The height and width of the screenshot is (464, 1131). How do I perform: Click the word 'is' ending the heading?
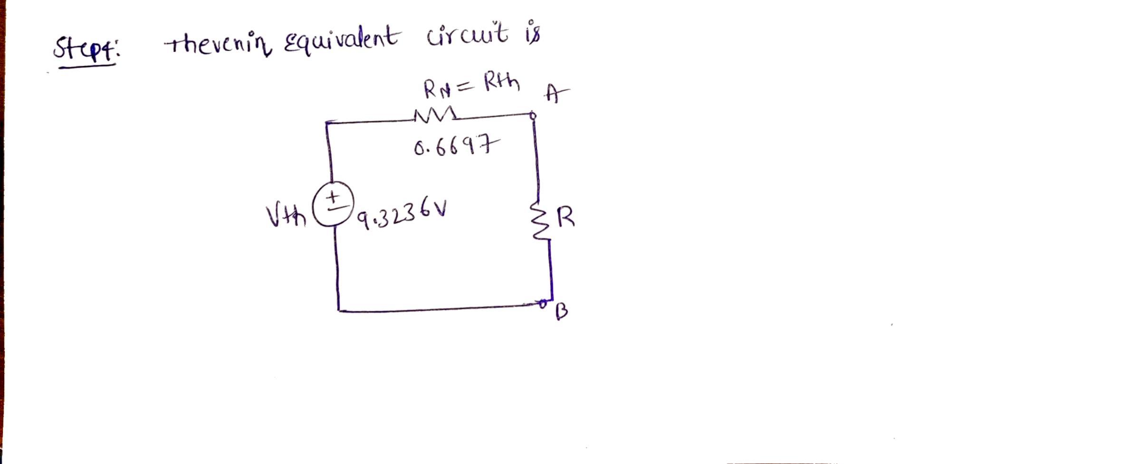(x=532, y=34)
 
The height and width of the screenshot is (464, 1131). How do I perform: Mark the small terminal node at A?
(x=533, y=115)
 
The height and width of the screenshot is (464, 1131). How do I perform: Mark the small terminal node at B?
(x=542, y=302)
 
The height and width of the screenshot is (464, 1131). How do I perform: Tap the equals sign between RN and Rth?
(x=467, y=87)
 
